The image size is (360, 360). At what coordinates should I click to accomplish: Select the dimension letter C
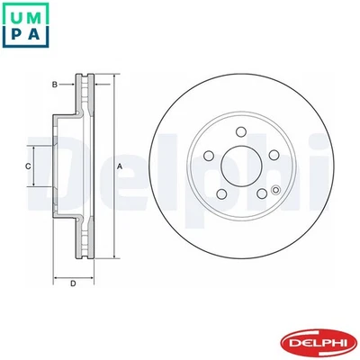tap(27, 166)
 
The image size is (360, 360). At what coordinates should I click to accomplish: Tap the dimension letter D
tap(73, 285)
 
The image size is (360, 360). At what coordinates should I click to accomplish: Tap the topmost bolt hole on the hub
tap(240, 131)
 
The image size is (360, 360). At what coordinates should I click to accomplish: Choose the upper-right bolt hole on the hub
tap(274, 157)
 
